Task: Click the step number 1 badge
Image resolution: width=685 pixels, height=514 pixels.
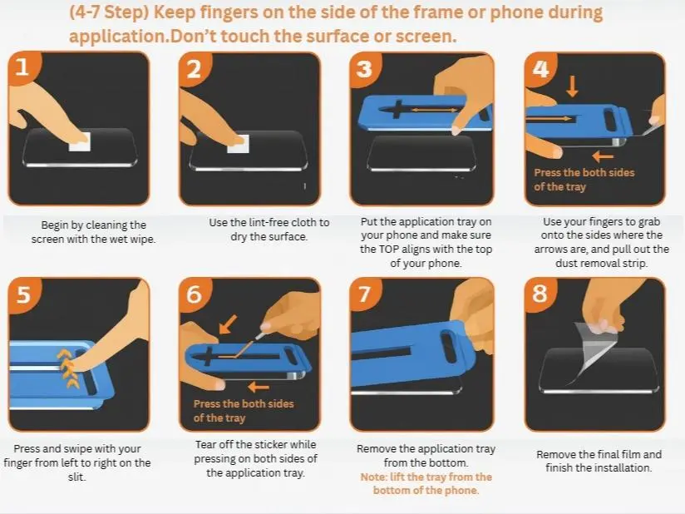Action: (x=22, y=67)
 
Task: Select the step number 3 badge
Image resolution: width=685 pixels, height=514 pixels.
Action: (x=364, y=68)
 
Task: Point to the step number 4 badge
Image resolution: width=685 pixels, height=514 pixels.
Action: (x=540, y=69)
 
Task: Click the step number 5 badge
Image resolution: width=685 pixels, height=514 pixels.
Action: (x=23, y=294)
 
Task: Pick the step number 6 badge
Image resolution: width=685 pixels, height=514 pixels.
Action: (x=194, y=294)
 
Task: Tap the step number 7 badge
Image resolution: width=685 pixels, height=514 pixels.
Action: (x=364, y=294)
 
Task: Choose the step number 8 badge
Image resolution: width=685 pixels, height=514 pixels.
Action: (x=540, y=294)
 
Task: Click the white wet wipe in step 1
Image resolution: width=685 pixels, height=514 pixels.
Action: (x=80, y=141)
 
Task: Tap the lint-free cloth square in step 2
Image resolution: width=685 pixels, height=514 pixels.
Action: (x=238, y=144)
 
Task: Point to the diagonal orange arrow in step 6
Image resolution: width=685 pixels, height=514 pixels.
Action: (x=228, y=324)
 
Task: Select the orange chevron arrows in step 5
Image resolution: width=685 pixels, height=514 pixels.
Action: (x=67, y=369)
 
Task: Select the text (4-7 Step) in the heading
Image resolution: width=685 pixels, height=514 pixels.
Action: (x=109, y=12)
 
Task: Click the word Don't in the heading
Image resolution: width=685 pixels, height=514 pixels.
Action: (x=193, y=37)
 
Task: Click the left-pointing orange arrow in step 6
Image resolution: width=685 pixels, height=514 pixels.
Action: (x=259, y=387)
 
